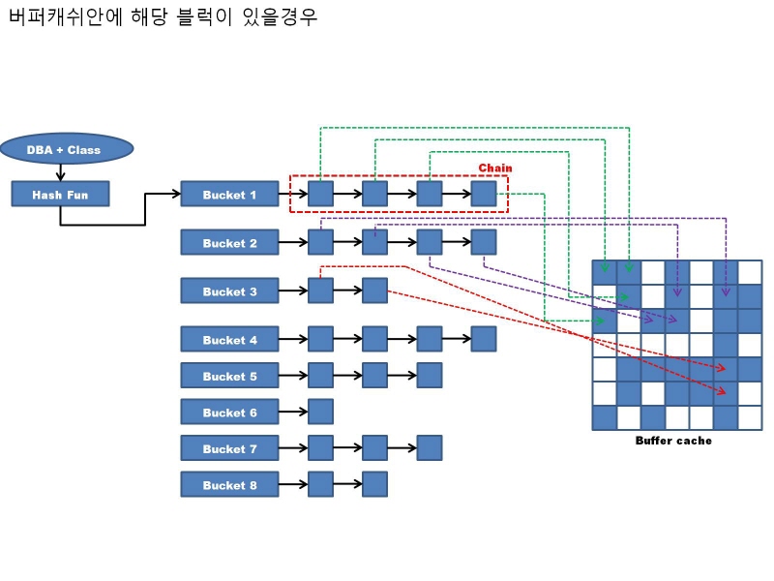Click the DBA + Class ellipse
pos(65,149)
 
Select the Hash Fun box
pos(60,194)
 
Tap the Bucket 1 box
pos(229,194)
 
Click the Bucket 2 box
pos(229,242)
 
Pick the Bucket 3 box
pos(229,290)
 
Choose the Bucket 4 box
pos(229,339)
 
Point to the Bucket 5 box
pos(229,376)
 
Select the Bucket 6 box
pos(229,412)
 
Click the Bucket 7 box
pos(229,448)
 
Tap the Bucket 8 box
pos(229,484)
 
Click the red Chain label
pos(495,168)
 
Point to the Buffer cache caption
pos(673,441)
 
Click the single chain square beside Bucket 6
pos(320,412)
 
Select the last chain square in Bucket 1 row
pos(484,194)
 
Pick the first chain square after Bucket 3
pos(320,290)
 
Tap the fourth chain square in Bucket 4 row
pos(484,339)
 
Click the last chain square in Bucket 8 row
pos(374,484)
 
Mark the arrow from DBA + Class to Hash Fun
pos(61,172)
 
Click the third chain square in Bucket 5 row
pos(430,376)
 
